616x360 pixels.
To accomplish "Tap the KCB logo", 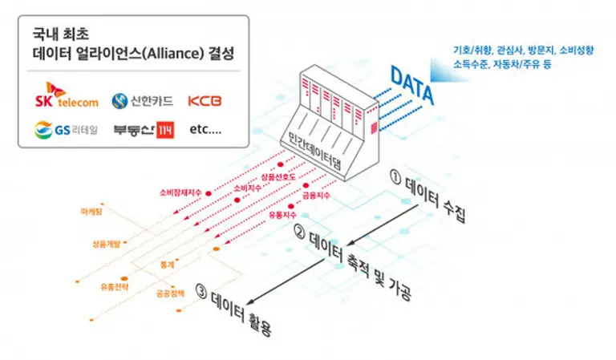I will click(205, 101).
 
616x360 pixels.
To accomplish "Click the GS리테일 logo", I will click(66, 129).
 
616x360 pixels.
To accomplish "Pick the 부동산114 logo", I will click(143, 129).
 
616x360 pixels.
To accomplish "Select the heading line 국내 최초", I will click(55, 36).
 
